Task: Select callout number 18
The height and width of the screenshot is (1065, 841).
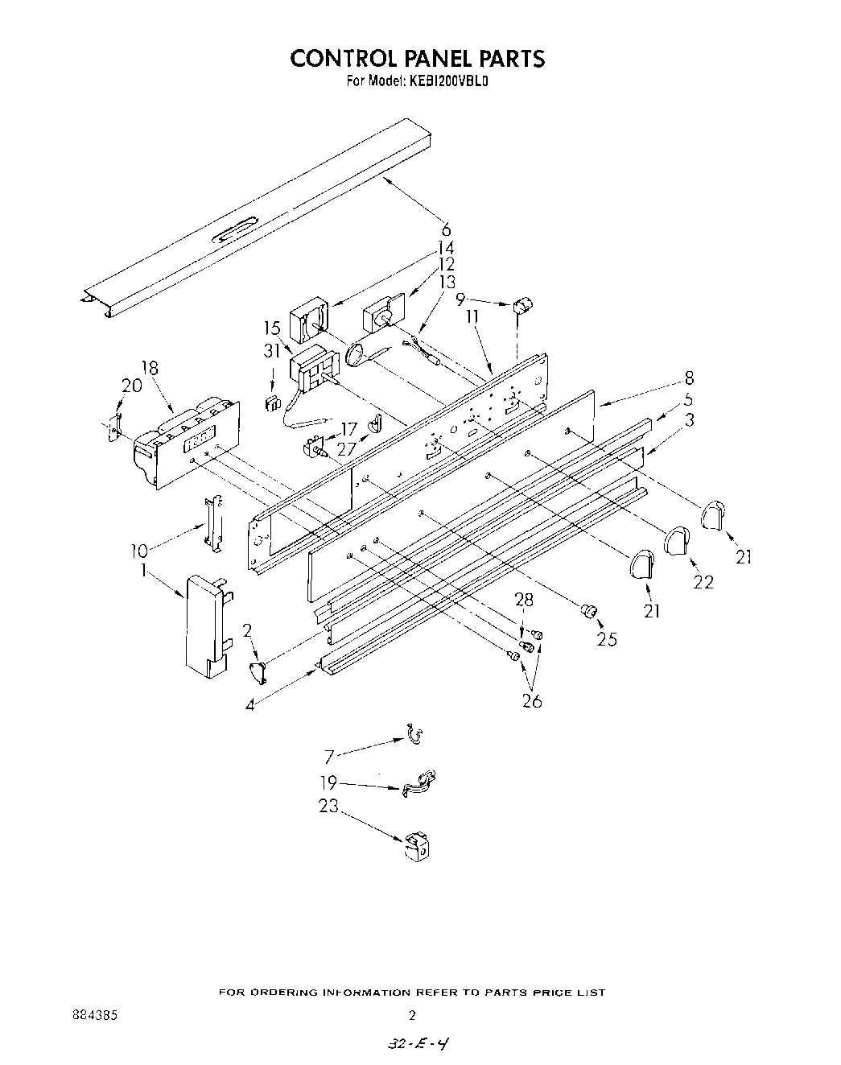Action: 150,368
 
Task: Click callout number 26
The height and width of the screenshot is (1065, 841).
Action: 532,700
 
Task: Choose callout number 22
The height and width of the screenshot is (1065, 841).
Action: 703,580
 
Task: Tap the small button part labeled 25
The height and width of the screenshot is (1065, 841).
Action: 588,612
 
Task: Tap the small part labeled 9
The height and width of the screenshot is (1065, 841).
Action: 523,306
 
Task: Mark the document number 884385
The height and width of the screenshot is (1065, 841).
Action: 94,1015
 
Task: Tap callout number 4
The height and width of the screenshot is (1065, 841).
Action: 251,705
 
